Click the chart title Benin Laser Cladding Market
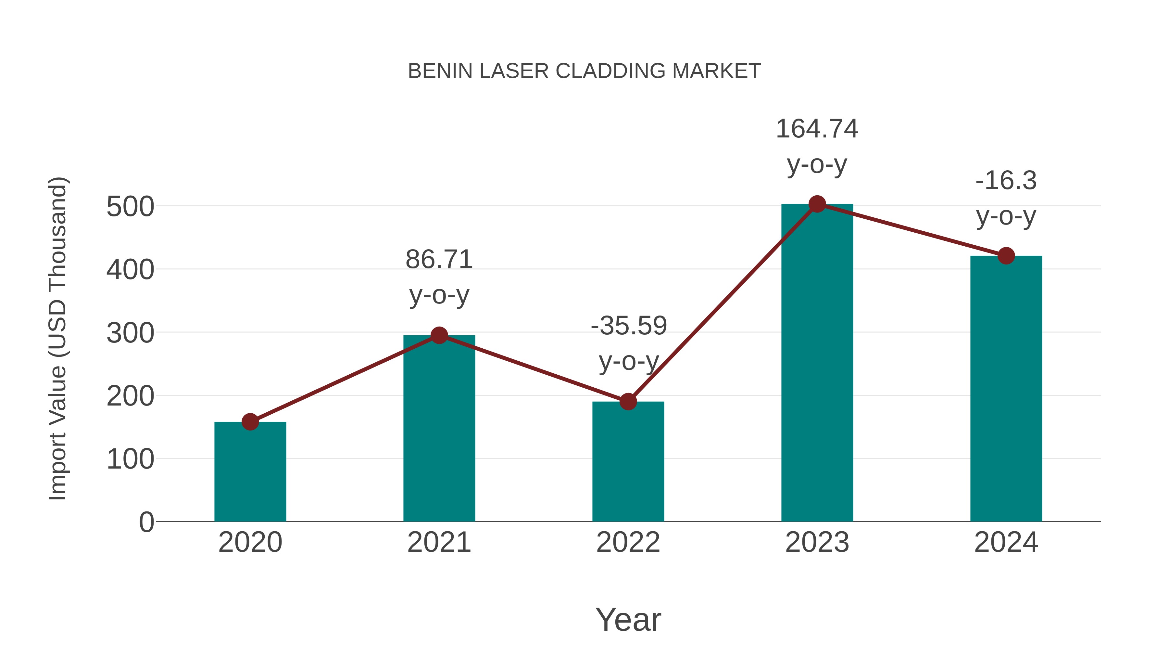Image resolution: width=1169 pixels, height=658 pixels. coord(584,71)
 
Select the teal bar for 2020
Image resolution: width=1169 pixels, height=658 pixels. coord(250,472)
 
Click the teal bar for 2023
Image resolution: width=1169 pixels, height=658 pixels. coord(817,363)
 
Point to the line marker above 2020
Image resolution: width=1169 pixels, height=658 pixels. coord(250,422)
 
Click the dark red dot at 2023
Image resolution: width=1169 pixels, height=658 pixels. coord(817,204)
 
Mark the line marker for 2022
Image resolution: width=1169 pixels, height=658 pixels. coord(628,401)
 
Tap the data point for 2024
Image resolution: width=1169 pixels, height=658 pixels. coord(1006,256)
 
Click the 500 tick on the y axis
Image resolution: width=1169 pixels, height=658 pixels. coord(130,207)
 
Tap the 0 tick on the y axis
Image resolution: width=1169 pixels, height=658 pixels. coord(146,522)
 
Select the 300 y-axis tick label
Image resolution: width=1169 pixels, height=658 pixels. coord(130,333)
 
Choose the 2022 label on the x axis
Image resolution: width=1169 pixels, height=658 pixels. coord(628,542)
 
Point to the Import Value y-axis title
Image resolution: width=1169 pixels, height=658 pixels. coord(57,338)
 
